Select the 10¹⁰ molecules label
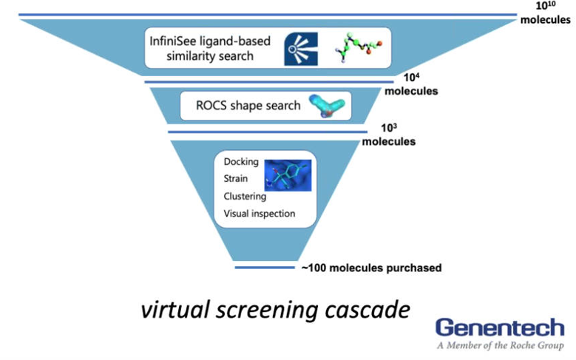point(545,13)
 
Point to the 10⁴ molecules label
point(412,84)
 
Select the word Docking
point(240,162)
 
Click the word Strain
point(235,179)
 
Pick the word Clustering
point(245,196)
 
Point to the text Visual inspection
point(260,214)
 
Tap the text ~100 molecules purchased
point(371,268)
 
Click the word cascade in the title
point(366,309)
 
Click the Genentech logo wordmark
point(499,327)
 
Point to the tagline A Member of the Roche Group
point(500,345)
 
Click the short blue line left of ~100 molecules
point(263,268)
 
